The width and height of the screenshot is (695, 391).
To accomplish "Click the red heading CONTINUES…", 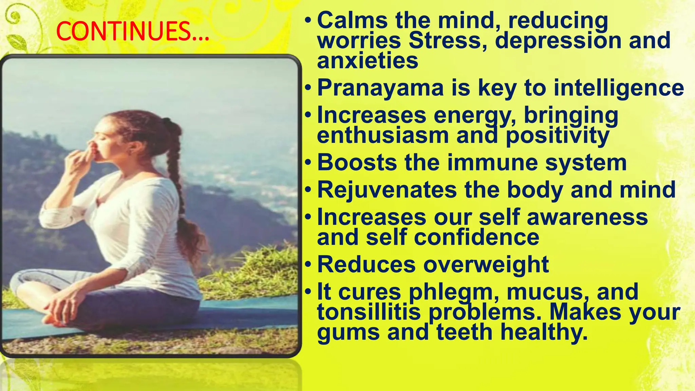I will click(132, 31).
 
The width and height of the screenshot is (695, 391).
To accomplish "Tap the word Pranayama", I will click(380, 88).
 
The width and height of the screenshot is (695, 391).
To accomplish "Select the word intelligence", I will click(619, 88).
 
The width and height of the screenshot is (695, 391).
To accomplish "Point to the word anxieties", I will click(368, 61).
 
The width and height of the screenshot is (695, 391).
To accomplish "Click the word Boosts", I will click(357, 163).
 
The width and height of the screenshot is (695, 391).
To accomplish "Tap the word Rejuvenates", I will click(387, 190).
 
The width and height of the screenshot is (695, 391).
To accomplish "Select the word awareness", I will click(587, 217).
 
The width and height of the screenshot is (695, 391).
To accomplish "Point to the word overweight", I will click(486, 264).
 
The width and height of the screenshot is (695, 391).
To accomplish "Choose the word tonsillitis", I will click(369, 312).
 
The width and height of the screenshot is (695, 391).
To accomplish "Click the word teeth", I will click(464, 332).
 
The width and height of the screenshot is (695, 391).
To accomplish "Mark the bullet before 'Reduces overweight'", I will click(307, 264).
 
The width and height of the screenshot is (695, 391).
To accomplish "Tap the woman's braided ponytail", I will click(176, 176).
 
